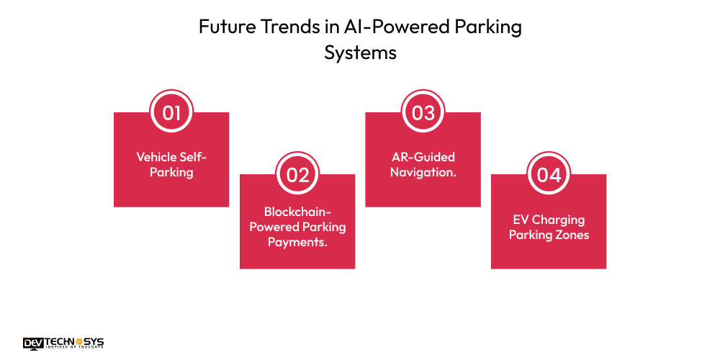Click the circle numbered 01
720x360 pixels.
click(171, 113)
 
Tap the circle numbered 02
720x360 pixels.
click(297, 175)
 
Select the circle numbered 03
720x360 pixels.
click(423, 113)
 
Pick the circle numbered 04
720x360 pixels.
click(549, 175)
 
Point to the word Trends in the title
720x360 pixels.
click(280, 28)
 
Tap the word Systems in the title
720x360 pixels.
click(360, 53)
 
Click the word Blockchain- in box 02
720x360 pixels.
click(297, 212)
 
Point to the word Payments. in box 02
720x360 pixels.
click(297, 242)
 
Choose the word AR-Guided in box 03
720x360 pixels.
click(423, 157)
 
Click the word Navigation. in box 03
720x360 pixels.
click(423, 172)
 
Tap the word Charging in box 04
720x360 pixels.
click(558, 220)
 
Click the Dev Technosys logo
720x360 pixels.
click(63, 343)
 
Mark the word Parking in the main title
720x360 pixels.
click(491, 28)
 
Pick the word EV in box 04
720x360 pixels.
click(521, 220)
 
